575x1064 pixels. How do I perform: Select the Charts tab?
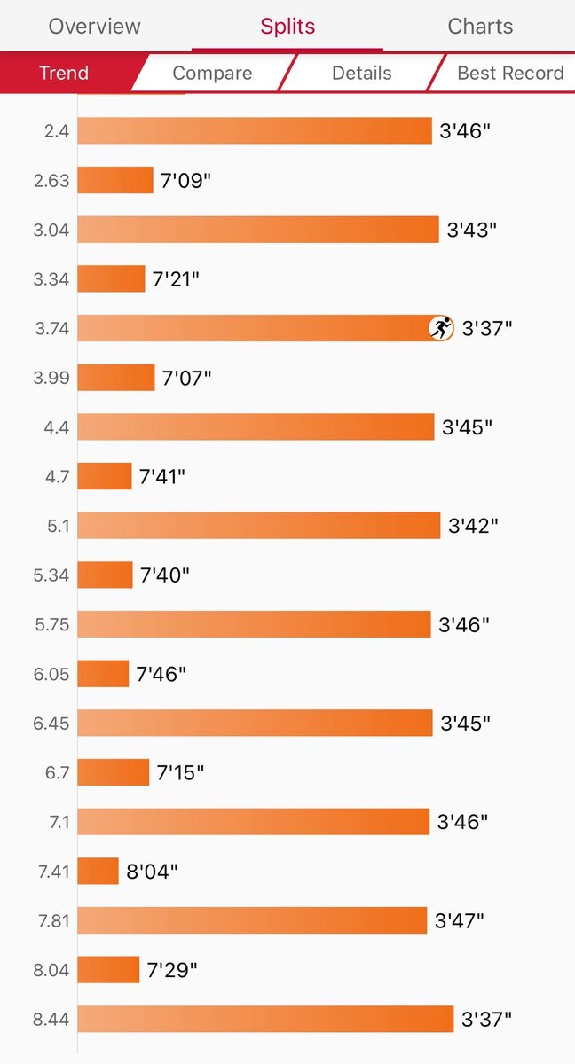tap(480, 26)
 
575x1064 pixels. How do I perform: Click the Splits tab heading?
tap(287, 26)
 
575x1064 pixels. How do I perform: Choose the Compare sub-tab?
tap(212, 73)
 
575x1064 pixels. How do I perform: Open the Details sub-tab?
tap(361, 73)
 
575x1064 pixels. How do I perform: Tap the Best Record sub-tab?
tap(509, 73)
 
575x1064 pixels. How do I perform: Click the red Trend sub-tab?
tap(64, 73)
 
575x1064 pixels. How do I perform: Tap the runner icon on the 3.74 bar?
tap(441, 328)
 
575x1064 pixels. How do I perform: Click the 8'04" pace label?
tap(152, 871)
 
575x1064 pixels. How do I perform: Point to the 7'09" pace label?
tap(186, 181)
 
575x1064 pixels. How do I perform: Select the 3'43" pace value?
tap(471, 230)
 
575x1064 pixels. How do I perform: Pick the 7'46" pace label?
tap(161, 674)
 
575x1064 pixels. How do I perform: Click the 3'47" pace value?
tap(459, 920)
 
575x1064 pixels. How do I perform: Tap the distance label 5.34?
tap(51, 575)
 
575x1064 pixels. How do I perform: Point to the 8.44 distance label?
tap(51, 1020)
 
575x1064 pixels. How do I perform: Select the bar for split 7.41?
tap(98, 871)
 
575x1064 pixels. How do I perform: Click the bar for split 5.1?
tap(258, 526)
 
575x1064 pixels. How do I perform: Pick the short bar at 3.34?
tap(111, 278)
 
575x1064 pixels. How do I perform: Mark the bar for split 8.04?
tap(108, 970)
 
